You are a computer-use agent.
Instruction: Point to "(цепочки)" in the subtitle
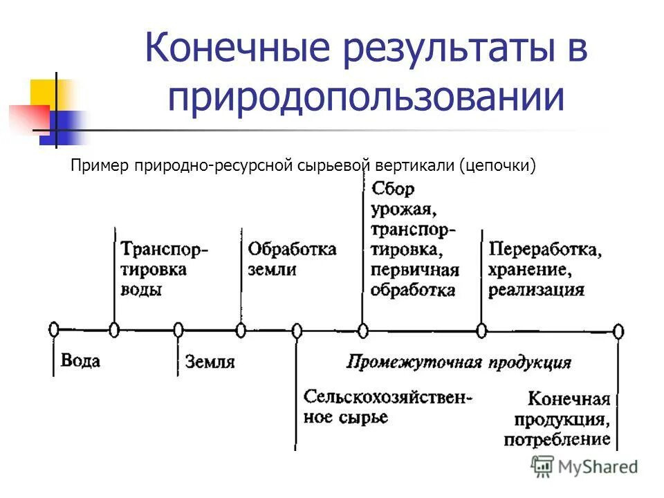click(x=501, y=166)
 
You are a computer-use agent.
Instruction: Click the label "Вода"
click(x=81, y=360)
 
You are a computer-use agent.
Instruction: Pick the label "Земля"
click(x=210, y=361)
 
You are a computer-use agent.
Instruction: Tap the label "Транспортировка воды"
click(x=163, y=268)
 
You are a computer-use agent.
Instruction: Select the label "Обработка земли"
click(x=291, y=259)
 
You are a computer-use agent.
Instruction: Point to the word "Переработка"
click(x=544, y=249)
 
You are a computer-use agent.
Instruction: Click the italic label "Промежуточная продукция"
click(x=459, y=362)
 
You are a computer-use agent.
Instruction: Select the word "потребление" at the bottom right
click(x=557, y=439)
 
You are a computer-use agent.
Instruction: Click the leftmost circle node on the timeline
click(x=53, y=329)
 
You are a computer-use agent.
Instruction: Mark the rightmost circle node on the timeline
click(x=618, y=331)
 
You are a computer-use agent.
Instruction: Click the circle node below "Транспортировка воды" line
click(x=114, y=329)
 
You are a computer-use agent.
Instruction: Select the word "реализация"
click(x=536, y=289)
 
